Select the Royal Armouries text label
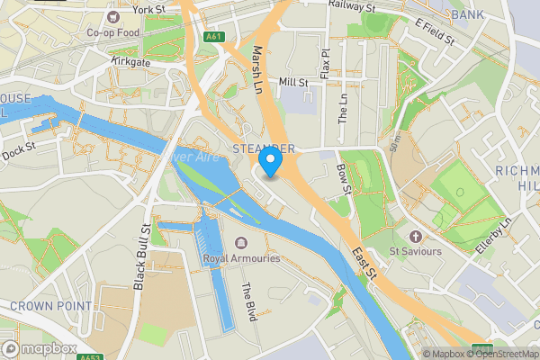click(241, 258)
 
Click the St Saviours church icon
click(415, 237)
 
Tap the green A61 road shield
click(213, 37)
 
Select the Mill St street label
click(293, 82)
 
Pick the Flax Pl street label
click(325, 61)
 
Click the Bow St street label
click(343, 177)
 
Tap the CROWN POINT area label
click(50, 306)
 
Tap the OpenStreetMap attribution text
click(500, 354)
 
